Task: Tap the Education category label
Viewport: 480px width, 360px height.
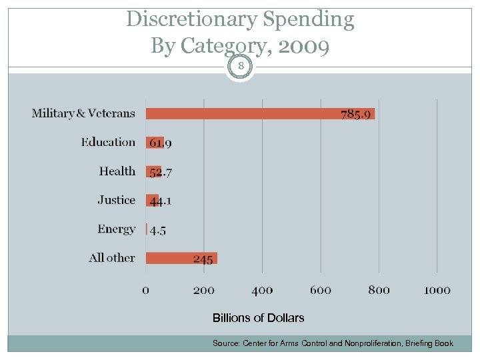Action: pos(108,142)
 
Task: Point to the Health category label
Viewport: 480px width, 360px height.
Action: pos(117,171)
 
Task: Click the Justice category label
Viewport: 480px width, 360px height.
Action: pos(116,200)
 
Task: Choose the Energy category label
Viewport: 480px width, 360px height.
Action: pos(116,229)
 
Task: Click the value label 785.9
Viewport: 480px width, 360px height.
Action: pos(356,114)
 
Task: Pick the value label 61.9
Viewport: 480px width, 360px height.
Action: pos(160,143)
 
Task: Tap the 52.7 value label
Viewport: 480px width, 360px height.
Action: pos(160,172)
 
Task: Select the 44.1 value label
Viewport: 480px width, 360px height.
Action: pos(160,201)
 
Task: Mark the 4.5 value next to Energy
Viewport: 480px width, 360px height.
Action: pos(158,230)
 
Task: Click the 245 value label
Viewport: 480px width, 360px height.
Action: pos(203,259)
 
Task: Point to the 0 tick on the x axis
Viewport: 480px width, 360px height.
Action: pos(146,290)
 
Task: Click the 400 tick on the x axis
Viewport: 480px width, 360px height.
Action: pos(262,290)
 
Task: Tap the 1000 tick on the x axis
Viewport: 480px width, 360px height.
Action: pos(437,290)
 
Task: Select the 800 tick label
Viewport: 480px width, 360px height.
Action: pos(379,290)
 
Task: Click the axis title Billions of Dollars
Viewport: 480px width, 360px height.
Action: pos(258,318)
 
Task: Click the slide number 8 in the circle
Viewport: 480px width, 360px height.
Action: pos(240,67)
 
